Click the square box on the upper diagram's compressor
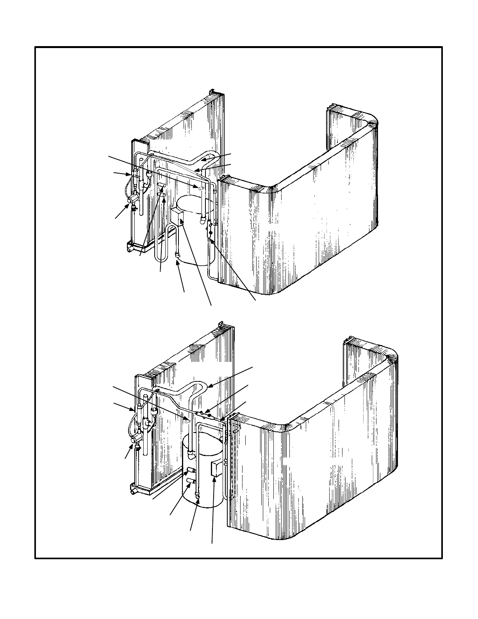(178, 217)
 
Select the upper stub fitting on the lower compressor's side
(191, 470)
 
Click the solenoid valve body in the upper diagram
(133, 200)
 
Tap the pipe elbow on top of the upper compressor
(203, 220)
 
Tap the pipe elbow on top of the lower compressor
(191, 455)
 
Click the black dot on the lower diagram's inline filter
(209, 415)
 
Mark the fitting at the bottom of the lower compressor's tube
(198, 497)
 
